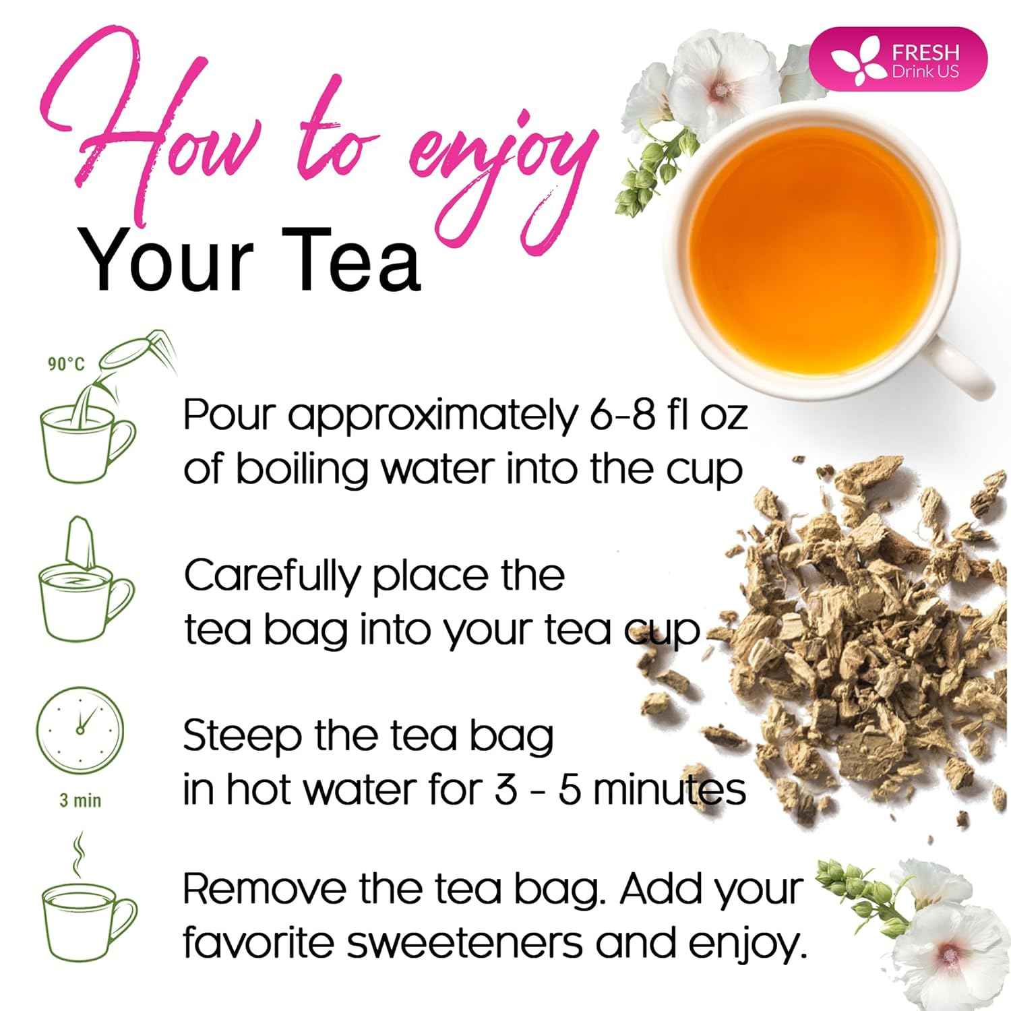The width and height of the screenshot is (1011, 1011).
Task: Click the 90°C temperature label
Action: tap(66, 365)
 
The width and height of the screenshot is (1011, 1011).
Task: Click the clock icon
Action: tap(80, 731)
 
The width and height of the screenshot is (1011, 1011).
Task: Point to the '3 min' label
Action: tap(80, 801)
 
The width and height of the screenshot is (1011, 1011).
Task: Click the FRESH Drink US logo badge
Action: tap(907, 59)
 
